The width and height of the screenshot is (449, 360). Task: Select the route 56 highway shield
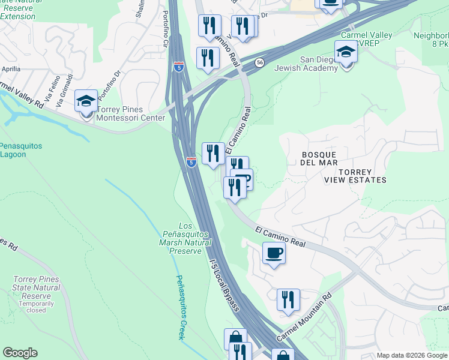259,62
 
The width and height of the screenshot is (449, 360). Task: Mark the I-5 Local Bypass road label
224,284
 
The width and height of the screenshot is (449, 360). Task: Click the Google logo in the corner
20,353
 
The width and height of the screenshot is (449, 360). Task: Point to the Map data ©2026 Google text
412,355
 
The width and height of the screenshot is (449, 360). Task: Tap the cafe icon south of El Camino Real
274,253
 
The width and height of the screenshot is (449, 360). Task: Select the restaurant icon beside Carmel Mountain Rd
288,299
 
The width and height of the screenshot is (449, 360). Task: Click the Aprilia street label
11,69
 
